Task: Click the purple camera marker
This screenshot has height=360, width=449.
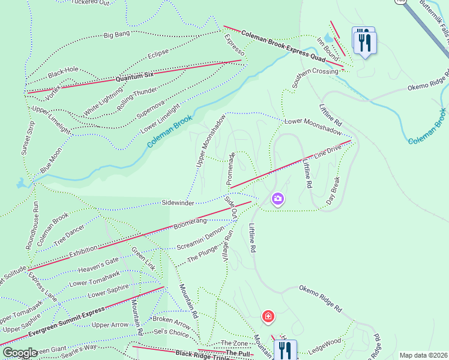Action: click(277, 198)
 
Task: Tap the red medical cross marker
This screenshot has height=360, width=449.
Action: click(268, 316)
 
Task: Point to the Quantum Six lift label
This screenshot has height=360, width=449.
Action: click(135, 76)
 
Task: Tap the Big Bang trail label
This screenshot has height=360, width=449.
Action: click(116, 35)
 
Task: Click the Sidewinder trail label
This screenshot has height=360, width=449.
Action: click(178, 203)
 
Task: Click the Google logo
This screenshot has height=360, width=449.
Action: click(20, 353)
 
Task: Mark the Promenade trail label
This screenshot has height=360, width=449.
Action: click(231, 168)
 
